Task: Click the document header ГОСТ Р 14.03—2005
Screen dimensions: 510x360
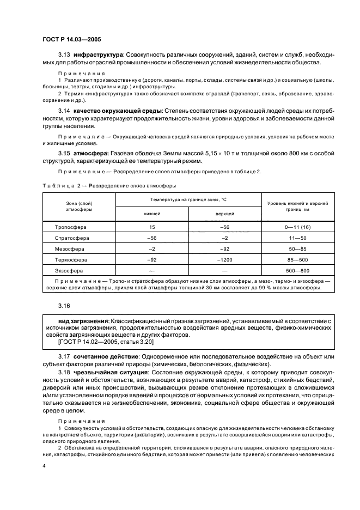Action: pos(71,39)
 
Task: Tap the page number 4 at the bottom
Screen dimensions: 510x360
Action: pos(44,466)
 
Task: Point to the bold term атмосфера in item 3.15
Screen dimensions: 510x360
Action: pos(91,153)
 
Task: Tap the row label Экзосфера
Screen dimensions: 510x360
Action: pos(72,271)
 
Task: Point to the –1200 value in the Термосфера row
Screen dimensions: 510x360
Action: pos(224,260)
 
